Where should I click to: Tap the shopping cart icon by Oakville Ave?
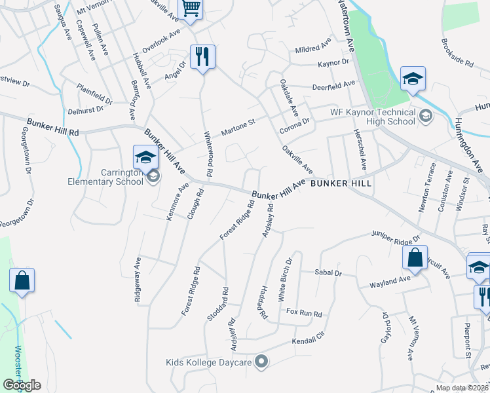coord(191,9)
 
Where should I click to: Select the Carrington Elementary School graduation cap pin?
coord(145,157)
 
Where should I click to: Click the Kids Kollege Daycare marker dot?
coord(261,361)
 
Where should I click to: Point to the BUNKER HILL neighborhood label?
coord(341,183)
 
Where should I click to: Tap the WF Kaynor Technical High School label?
coord(373,117)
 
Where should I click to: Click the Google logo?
coord(22,385)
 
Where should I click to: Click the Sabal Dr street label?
coord(328,272)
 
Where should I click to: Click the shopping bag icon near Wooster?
coord(22,280)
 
